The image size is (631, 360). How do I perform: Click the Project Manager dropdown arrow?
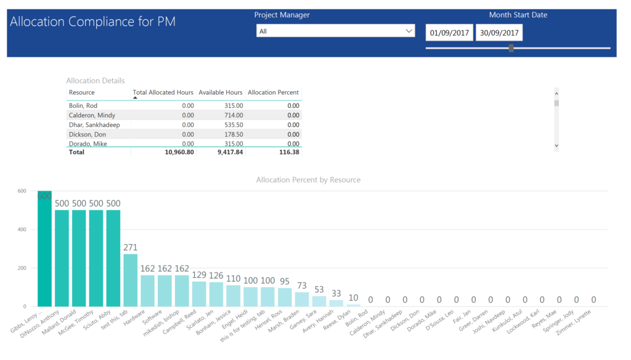(409, 31)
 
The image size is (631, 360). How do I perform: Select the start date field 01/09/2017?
(449, 33)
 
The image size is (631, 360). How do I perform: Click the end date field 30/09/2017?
(499, 33)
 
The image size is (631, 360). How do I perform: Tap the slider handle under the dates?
(511, 48)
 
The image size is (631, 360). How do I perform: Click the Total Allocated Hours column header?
(163, 92)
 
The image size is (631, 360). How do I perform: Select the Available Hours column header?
(220, 92)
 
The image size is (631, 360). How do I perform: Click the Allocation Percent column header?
(273, 92)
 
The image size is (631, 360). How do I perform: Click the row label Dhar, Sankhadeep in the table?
(94, 125)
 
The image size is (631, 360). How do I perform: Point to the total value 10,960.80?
(176, 152)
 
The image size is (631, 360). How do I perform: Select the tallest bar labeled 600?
(44, 249)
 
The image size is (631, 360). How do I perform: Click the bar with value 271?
(131, 280)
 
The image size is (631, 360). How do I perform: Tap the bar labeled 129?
(199, 293)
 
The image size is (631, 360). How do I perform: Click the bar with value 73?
(302, 299)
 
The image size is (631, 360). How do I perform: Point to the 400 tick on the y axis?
(22, 229)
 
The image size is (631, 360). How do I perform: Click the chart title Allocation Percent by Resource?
(308, 180)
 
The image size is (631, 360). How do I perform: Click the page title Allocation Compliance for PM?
(93, 22)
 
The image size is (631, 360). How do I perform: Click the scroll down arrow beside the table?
(556, 145)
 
